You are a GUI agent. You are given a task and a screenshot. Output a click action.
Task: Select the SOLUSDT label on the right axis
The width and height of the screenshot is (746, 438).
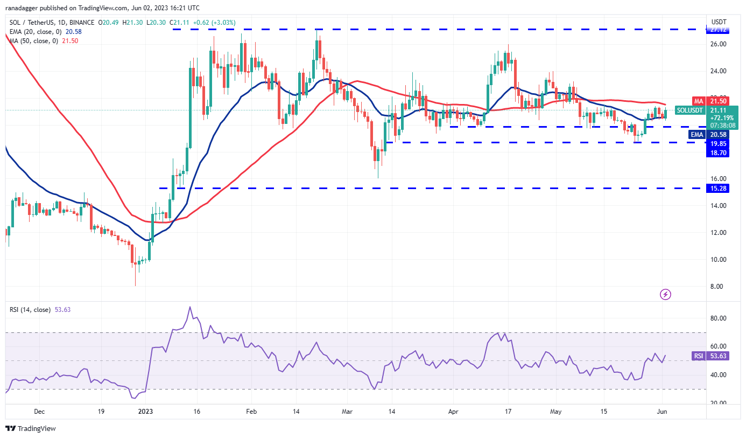(689, 110)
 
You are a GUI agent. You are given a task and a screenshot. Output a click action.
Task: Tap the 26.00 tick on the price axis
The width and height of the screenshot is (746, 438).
(719, 44)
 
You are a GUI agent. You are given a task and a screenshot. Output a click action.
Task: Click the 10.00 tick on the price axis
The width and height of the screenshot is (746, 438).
(719, 260)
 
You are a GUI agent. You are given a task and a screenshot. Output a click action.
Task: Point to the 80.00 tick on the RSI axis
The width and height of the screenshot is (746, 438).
(719, 318)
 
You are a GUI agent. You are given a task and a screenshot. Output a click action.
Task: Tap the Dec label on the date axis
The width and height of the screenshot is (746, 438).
(39, 411)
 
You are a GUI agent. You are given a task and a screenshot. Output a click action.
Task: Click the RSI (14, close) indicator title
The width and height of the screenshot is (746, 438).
(30, 310)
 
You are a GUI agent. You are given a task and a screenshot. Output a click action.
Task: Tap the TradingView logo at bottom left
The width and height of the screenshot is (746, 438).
(31, 429)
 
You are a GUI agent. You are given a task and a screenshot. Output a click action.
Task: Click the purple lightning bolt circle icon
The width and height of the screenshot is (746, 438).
(666, 294)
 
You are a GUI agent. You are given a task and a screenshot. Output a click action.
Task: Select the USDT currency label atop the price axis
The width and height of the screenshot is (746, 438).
(719, 22)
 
